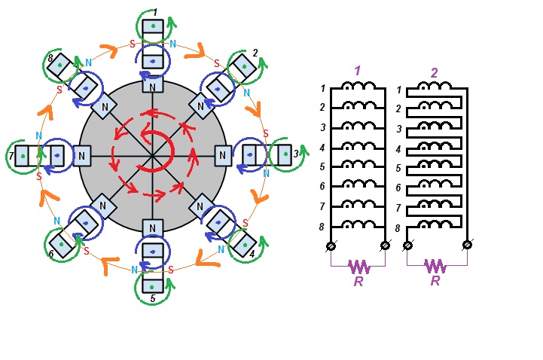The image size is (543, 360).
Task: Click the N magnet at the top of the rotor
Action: (153, 87)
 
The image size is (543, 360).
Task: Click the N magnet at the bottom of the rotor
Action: (153, 227)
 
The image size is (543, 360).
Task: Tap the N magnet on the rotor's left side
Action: (82, 155)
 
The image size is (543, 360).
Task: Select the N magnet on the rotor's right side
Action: (223, 155)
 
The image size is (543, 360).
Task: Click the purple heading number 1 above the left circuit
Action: (358, 71)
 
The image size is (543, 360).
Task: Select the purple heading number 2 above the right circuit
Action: (434, 73)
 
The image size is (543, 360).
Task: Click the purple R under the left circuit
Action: (358, 281)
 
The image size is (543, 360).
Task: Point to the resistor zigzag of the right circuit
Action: (435, 266)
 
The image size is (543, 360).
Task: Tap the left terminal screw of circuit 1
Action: (331, 246)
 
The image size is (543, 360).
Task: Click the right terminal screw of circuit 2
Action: (467, 245)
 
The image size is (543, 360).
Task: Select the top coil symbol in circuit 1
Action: (358, 86)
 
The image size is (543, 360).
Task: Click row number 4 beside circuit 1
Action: (322, 148)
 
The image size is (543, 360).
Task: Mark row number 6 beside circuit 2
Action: (398, 188)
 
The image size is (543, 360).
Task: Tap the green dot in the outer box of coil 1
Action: (153, 26)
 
